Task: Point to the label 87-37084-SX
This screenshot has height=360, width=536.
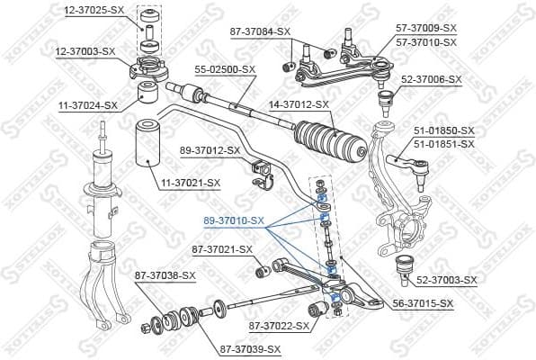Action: pos(260,31)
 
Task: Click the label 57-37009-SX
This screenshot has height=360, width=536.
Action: pos(426,30)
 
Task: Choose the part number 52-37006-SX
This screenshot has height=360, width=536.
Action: pos(432,79)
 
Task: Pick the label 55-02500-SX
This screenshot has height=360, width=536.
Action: pos(225,68)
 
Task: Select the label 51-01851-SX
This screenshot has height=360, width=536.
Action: pos(444,143)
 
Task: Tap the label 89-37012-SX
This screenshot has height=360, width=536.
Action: pos(210,149)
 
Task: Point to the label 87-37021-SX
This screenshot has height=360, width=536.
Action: pos(222,249)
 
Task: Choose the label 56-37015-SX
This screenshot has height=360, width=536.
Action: pos(423,305)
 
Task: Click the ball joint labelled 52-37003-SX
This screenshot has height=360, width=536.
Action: pos(405,266)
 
